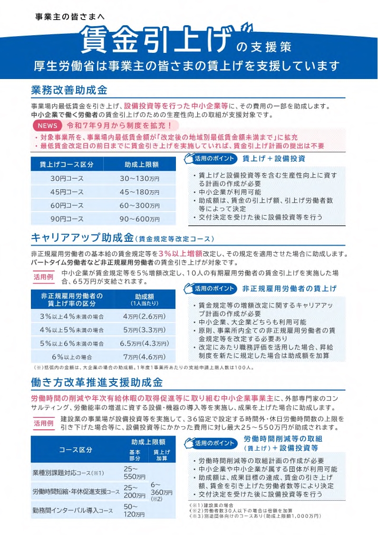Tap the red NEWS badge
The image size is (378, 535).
[x=48, y=126]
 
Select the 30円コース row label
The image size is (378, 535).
[x=67, y=178]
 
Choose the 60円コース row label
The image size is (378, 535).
[x=67, y=206]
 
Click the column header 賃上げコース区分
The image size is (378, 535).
[x=67, y=164]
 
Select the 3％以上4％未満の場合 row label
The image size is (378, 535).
[x=72, y=317]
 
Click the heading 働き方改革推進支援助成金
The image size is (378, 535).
[x=97, y=382]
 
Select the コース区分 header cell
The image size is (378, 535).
[x=76, y=450]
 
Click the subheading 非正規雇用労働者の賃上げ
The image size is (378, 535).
[x=289, y=288]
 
